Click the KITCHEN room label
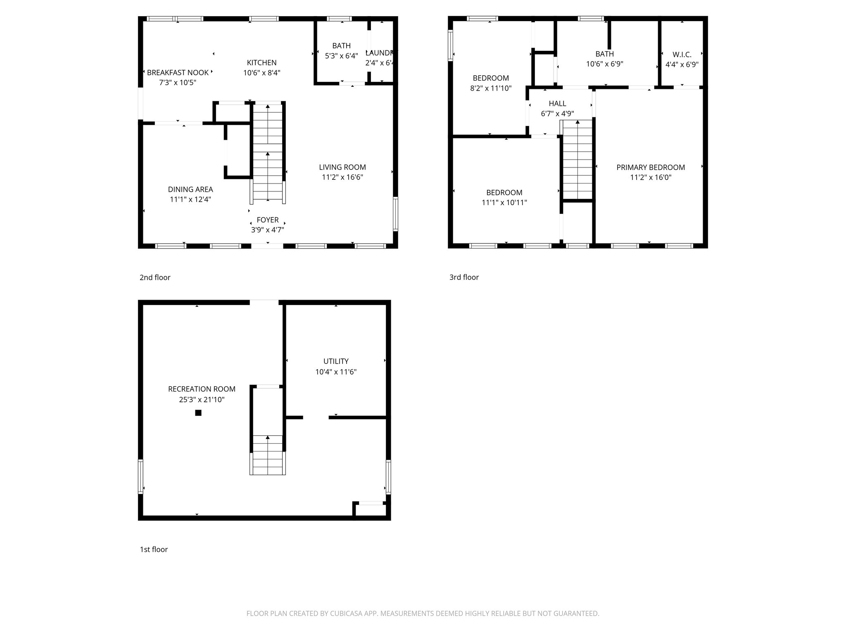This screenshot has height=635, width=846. [261, 63]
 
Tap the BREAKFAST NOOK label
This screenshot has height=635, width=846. [178, 73]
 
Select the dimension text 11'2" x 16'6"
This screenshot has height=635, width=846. [342, 177]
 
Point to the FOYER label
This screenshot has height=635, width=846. [267, 220]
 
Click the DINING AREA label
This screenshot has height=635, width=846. [190, 189]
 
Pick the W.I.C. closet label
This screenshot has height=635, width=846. [682, 55]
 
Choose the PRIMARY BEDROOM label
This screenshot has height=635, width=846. [651, 167]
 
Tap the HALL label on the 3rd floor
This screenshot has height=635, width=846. [557, 104]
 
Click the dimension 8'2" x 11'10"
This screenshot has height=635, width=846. [491, 88]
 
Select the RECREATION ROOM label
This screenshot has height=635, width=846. [202, 389]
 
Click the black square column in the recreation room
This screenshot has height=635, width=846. [198, 413]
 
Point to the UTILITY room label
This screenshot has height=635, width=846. [336, 361]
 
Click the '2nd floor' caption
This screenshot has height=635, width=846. [155, 277]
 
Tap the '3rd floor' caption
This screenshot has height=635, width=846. [464, 277]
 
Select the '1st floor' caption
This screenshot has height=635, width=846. [154, 549]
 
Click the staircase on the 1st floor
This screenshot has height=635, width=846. [268, 455]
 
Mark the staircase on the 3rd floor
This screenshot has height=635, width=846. [577, 161]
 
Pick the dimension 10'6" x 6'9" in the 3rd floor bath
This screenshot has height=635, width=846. [604, 64]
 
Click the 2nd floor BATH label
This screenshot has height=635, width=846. [341, 46]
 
